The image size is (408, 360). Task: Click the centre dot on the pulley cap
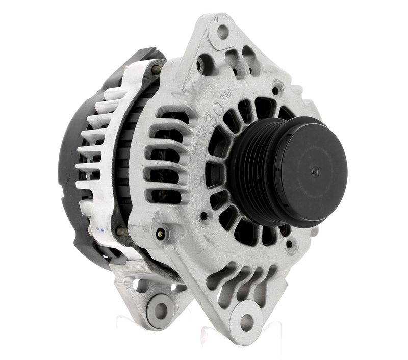click(315, 172)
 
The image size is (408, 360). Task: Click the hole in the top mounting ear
click(223, 32)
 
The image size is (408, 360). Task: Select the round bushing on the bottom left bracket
click(159, 308)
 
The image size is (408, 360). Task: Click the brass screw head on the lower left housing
click(161, 234)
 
